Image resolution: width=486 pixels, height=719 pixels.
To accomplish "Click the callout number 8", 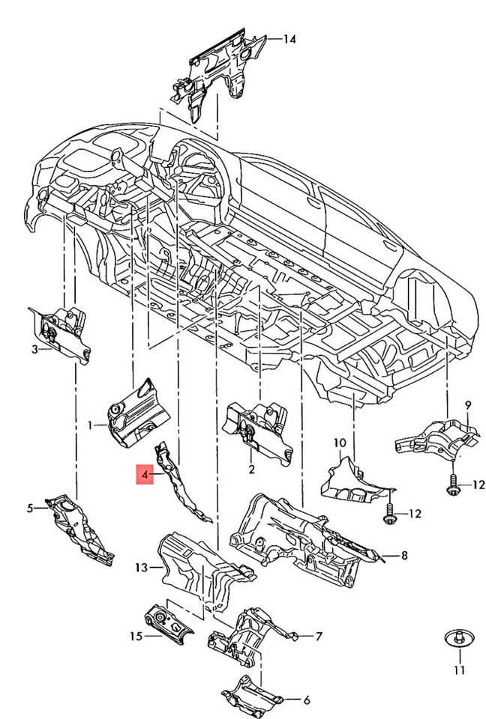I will pos(403,555).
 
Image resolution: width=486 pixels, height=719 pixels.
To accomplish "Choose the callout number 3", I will pos(34,348).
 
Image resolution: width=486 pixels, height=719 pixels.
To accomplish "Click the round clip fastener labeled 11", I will pos(457,639).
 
